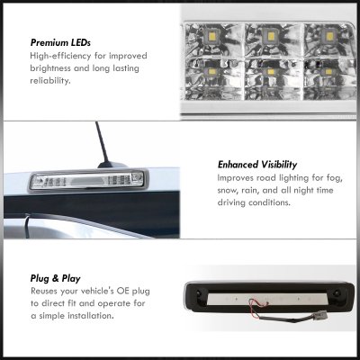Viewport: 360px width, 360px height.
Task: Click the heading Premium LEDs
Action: tap(60, 42)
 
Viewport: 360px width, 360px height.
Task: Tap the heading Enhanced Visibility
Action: tap(257, 165)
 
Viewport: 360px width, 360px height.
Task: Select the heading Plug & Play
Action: tap(56, 279)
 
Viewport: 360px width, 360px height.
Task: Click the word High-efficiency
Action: tap(60, 56)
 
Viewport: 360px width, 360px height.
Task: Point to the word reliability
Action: tap(50, 81)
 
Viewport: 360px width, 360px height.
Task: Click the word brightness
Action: tap(50, 68)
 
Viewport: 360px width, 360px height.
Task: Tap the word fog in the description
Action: tap(334, 178)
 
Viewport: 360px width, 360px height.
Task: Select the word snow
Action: tap(229, 191)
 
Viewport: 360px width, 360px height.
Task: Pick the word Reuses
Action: tap(44, 292)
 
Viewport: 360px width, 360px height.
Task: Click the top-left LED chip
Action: tap(211, 38)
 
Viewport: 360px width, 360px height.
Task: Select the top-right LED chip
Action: tap(328, 37)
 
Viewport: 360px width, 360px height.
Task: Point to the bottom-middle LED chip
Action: tap(271, 72)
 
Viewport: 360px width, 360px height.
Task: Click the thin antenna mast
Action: tap(102, 142)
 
